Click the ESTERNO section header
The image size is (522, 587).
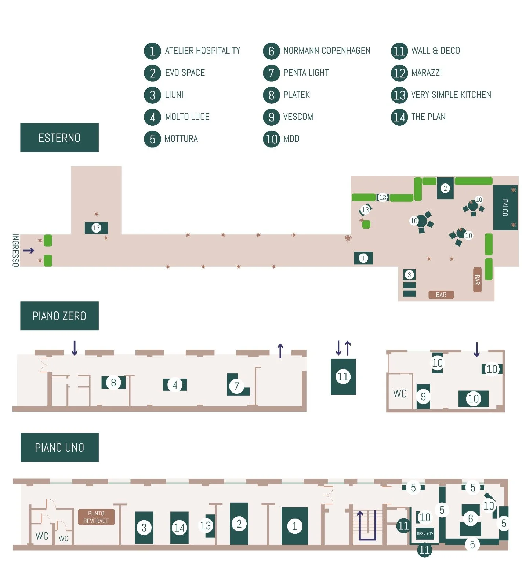[x=59, y=138]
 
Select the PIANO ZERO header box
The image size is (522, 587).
[x=59, y=316]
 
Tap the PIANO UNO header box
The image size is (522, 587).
[x=59, y=447]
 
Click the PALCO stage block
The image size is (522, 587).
[x=505, y=208]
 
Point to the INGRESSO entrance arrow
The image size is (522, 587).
[x=29, y=251]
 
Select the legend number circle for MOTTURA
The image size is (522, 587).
[x=152, y=139]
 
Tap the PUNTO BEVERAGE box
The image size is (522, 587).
[x=96, y=517]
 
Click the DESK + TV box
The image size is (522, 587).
[x=425, y=534]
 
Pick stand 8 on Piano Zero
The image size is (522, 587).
[x=113, y=383]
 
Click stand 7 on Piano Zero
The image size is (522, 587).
[x=237, y=386]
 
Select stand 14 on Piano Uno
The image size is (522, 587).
[x=180, y=528]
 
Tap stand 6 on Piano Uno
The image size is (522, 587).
[x=470, y=519]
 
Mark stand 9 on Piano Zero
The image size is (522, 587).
[x=423, y=397]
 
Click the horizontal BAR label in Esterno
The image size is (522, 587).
[x=441, y=295]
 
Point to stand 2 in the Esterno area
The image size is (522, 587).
[x=445, y=189]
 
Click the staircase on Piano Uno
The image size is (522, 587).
[x=367, y=525]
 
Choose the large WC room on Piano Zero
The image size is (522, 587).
[x=400, y=394]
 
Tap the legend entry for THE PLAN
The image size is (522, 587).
[x=428, y=117]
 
